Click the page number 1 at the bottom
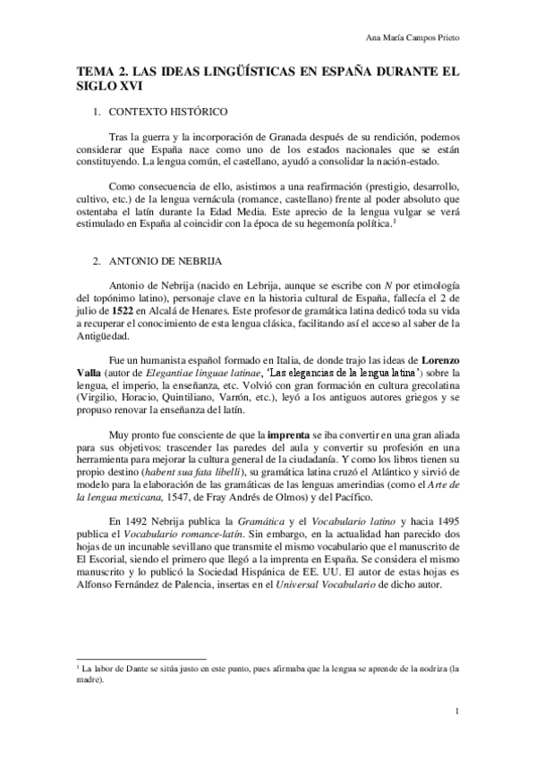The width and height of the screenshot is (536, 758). point(457,712)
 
